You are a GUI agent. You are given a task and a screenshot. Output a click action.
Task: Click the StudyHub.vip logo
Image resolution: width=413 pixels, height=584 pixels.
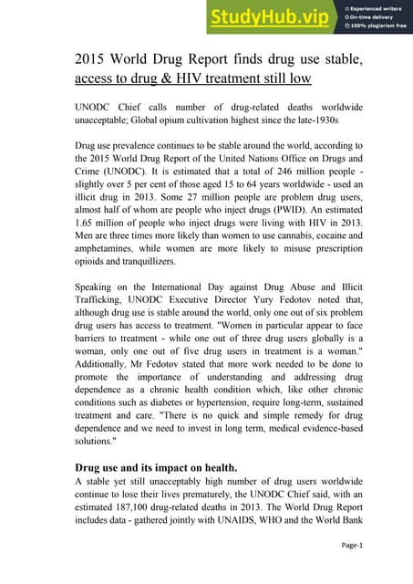coord(269,16)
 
